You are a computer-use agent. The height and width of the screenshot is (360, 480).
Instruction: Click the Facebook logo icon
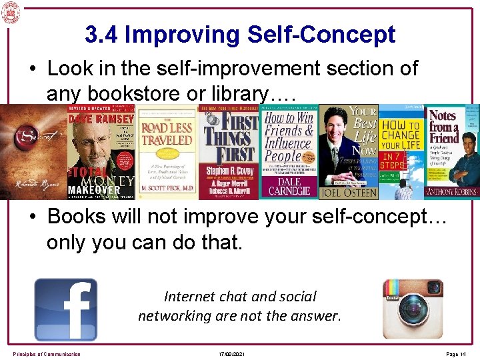point(65,309)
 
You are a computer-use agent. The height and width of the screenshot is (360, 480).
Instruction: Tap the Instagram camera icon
point(412,308)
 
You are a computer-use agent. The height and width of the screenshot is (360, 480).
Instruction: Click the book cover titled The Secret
point(33,152)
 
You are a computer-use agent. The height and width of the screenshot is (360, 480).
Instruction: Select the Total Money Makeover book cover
point(100,152)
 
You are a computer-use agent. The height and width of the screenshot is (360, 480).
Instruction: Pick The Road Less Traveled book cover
point(166,152)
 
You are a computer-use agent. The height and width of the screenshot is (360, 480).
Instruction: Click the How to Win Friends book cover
point(290,152)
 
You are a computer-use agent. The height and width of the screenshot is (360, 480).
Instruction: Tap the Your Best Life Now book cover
point(349,152)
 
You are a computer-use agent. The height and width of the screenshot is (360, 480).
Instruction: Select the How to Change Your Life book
point(401,152)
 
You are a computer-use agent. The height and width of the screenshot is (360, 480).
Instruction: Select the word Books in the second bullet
point(87,217)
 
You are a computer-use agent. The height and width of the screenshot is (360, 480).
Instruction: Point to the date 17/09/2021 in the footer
point(231,353)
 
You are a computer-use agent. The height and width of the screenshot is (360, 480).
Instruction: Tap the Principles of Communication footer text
point(47,353)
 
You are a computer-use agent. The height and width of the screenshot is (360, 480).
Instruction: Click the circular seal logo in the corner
point(11,11)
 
